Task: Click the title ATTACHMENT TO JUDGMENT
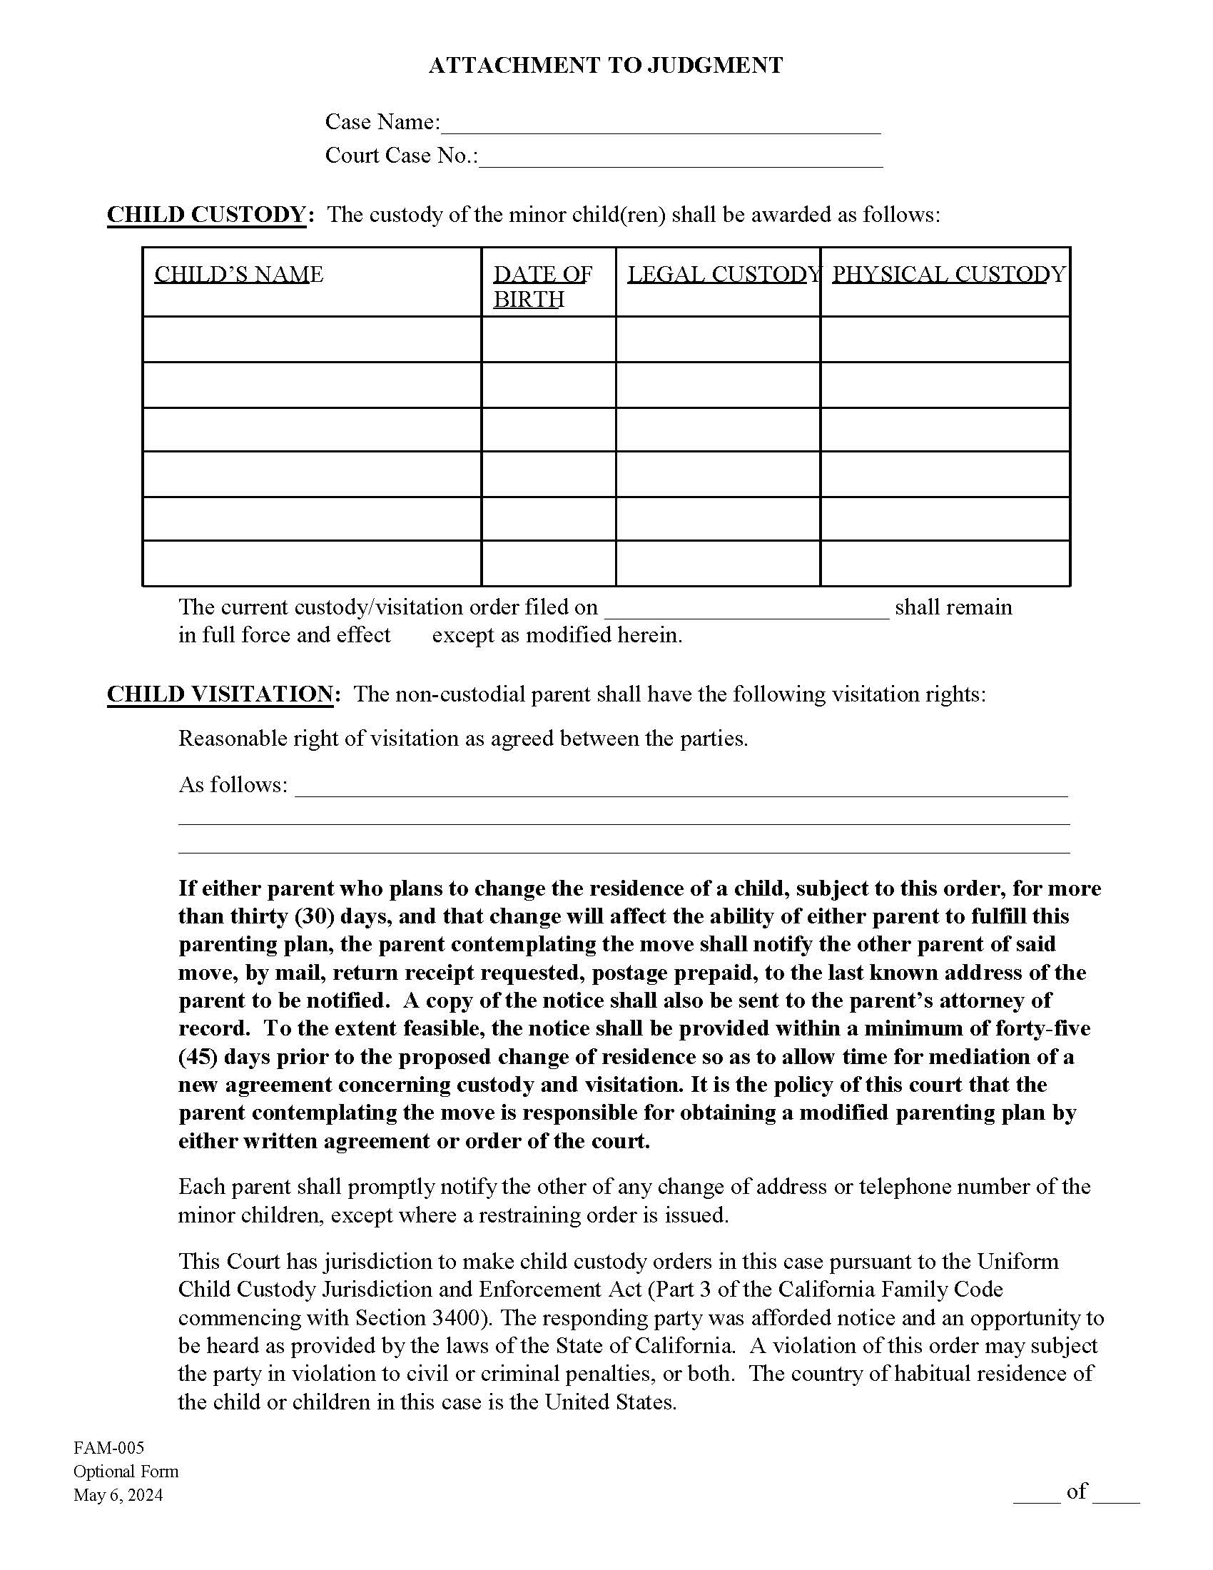[x=605, y=66]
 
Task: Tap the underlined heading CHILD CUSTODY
[x=206, y=215]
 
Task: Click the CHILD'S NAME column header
[x=238, y=274]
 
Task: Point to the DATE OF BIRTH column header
[x=542, y=286]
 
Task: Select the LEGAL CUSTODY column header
[x=723, y=274]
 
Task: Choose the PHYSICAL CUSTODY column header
[x=948, y=274]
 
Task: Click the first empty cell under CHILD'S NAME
[x=311, y=339]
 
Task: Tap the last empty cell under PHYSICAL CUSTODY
[x=945, y=564]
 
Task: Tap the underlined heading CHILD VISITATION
[x=220, y=694]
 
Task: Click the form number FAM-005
[x=108, y=1448]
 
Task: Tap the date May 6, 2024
[x=118, y=1495]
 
